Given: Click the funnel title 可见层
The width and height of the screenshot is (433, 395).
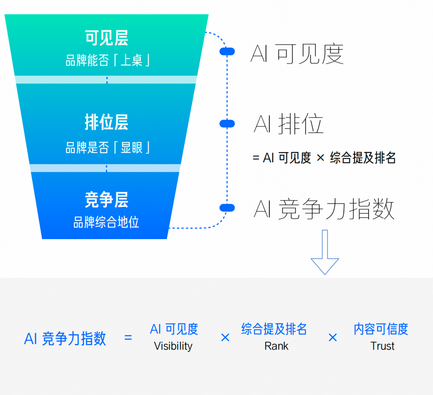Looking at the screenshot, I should pyautogui.click(x=106, y=38).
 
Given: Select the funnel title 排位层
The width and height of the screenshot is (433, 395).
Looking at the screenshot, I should pyautogui.click(x=106, y=122).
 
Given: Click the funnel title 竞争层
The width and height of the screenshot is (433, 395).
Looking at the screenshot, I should pyautogui.click(x=106, y=200).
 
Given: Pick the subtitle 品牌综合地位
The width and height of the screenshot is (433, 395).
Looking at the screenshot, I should pyautogui.click(x=106, y=222).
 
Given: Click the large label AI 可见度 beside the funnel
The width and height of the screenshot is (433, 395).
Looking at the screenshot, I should pyautogui.click(x=297, y=54).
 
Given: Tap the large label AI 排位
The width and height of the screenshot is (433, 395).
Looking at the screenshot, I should pyautogui.click(x=288, y=124).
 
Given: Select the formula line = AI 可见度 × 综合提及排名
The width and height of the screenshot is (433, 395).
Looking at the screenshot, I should pyautogui.click(x=324, y=158).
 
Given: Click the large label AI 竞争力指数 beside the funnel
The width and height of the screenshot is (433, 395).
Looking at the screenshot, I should pyautogui.click(x=324, y=209).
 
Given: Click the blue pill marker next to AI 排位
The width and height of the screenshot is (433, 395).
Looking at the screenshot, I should pyautogui.click(x=227, y=124).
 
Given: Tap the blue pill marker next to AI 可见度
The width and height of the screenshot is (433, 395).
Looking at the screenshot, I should pyautogui.click(x=227, y=51).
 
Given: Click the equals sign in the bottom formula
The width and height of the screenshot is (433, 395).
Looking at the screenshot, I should pyautogui.click(x=128, y=338).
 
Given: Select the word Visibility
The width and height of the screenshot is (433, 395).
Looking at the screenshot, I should pyautogui.click(x=173, y=346).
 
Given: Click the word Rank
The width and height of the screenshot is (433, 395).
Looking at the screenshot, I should pyautogui.click(x=277, y=346).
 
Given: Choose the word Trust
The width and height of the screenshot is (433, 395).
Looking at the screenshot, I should pyautogui.click(x=382, y=346).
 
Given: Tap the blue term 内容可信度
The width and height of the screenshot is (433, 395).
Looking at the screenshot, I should pyautogui.click(x=381, y=329).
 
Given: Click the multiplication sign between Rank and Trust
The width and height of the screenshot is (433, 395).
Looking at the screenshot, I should pyautogui.click(x=332, y=338).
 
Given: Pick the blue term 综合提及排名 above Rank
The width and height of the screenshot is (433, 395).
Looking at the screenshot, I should pyautogui.click(x=274, y=329).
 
